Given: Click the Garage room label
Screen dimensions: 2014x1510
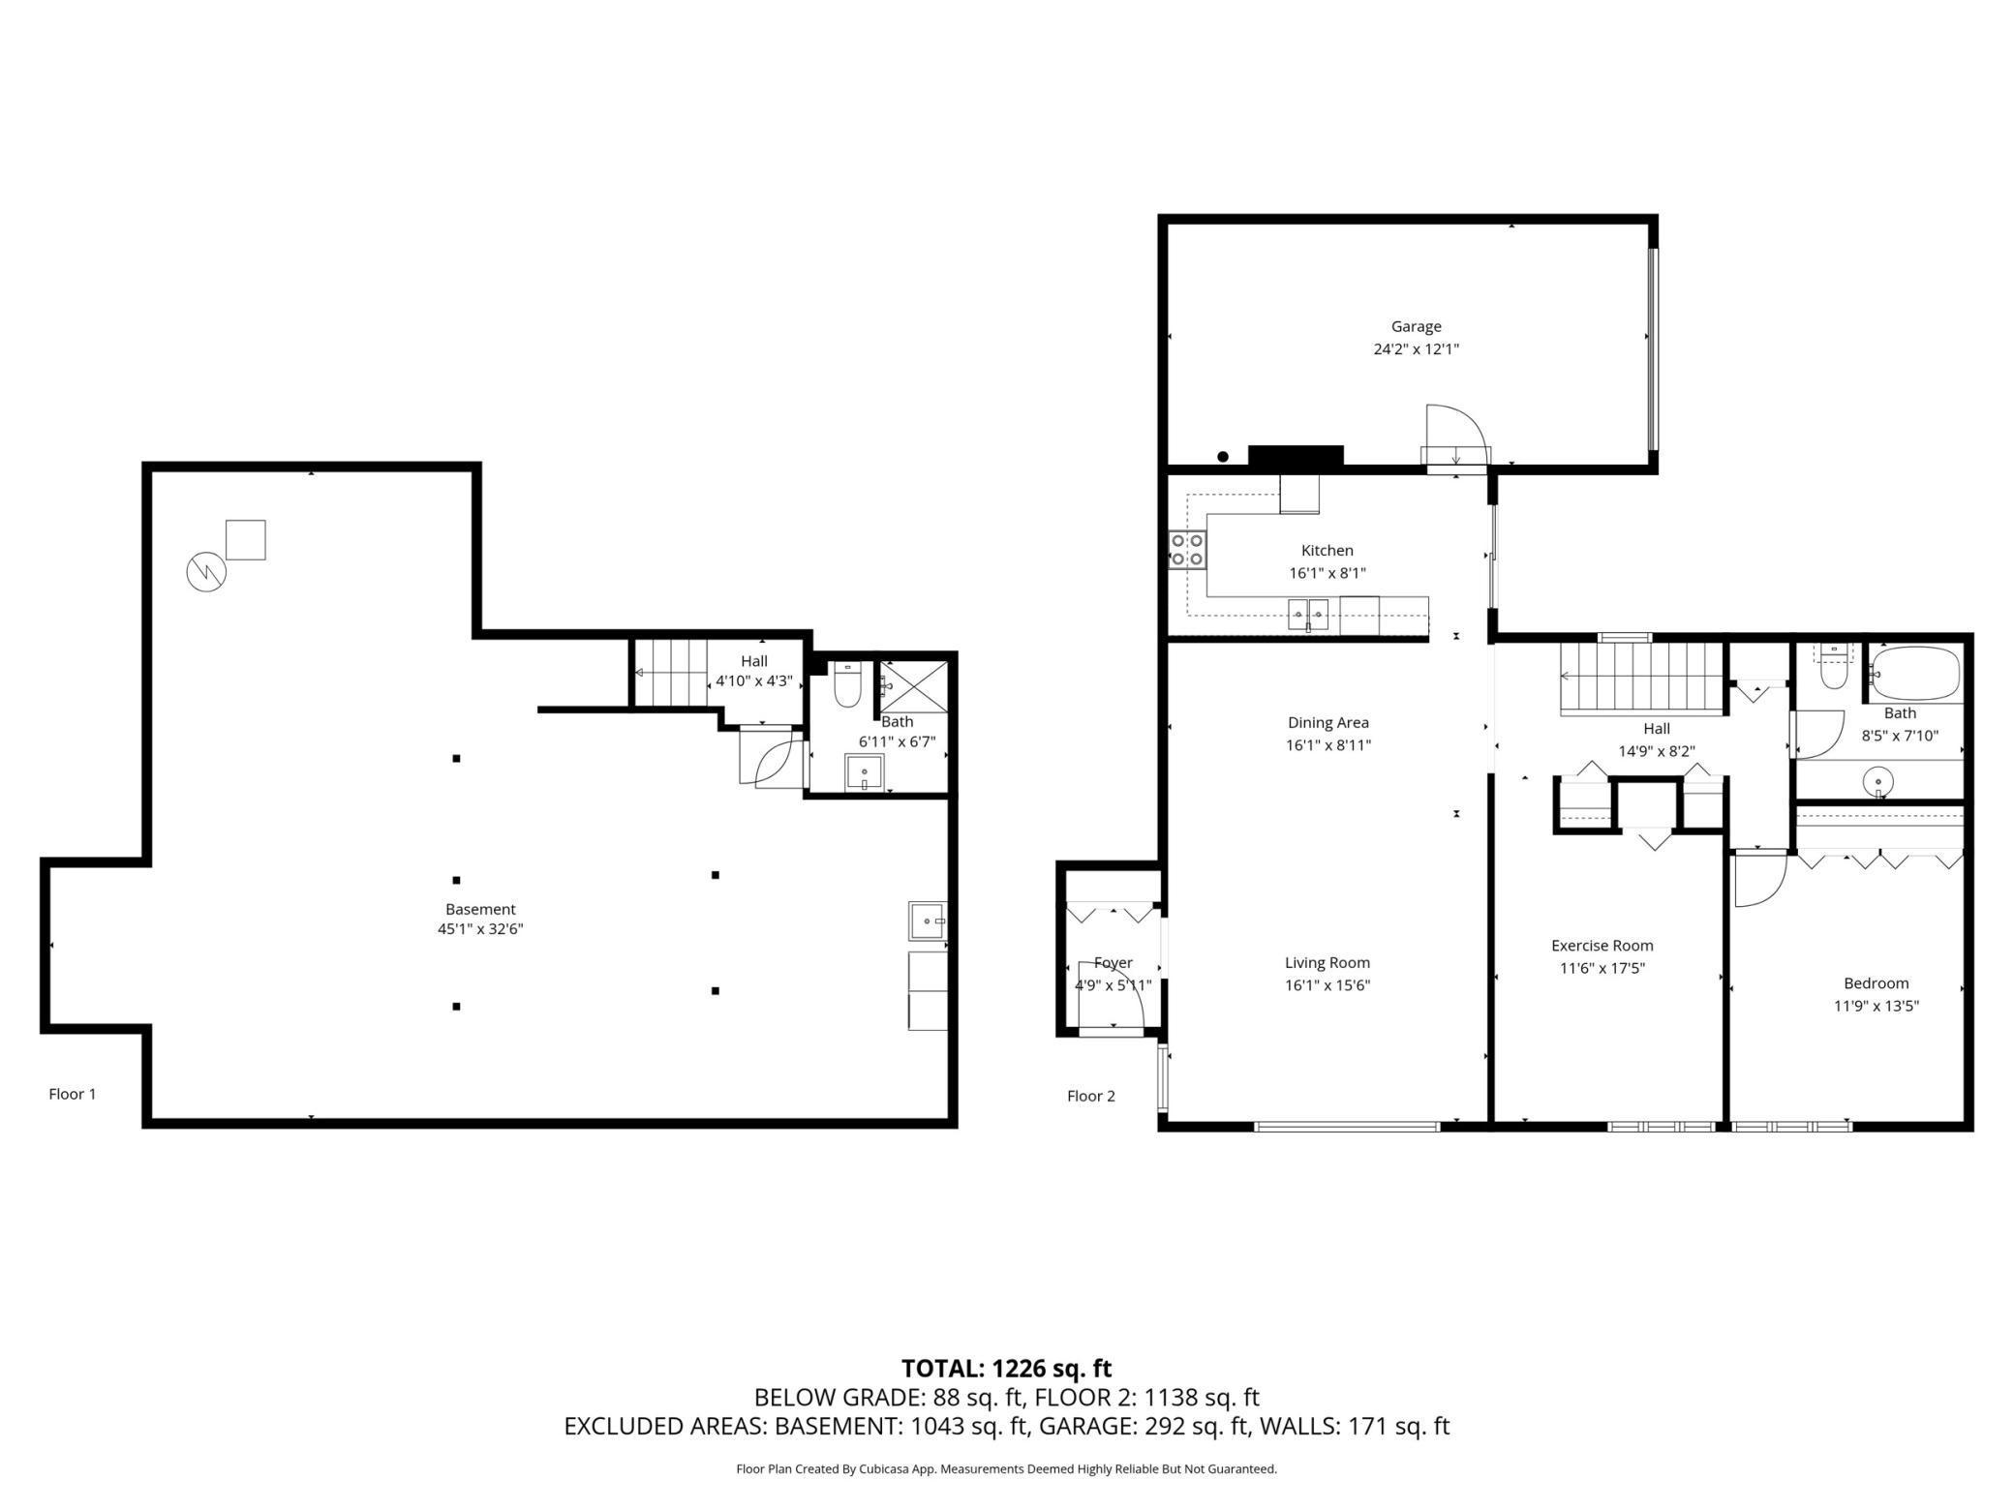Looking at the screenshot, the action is (1416, 326).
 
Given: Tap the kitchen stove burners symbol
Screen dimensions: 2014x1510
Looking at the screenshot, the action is (1187, 550).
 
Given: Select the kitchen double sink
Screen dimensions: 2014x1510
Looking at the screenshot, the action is (1308, 613).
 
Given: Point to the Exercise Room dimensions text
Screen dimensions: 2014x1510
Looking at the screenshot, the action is (1602, 967).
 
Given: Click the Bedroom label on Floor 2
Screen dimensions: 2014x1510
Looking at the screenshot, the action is (1877, 982).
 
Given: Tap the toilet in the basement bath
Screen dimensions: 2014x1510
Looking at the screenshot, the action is (847, 682).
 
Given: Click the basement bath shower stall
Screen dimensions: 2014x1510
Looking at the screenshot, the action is (913, 686).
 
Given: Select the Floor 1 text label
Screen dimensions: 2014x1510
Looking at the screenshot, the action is (73, 1094).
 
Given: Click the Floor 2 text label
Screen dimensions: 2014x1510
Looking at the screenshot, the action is (1091, 1096).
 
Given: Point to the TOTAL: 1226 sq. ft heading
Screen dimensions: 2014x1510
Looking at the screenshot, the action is (1006, 1368).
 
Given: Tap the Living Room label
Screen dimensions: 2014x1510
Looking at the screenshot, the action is (1327, 962).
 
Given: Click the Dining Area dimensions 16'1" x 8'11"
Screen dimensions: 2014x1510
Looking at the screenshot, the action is (1327, 744).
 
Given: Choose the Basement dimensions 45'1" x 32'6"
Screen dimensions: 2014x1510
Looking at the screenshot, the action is (480, 929).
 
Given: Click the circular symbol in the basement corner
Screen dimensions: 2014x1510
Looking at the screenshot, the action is (206, 572).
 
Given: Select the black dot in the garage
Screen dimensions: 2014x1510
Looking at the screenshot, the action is (1223, 457).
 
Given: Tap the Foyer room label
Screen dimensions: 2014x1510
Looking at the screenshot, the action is (1114, 962).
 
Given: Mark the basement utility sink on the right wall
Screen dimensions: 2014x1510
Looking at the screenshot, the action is (927, 921).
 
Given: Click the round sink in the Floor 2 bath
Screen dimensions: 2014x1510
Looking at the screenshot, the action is (1878, 779).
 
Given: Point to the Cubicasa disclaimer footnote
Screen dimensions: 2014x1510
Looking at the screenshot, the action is (1006, 1468).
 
